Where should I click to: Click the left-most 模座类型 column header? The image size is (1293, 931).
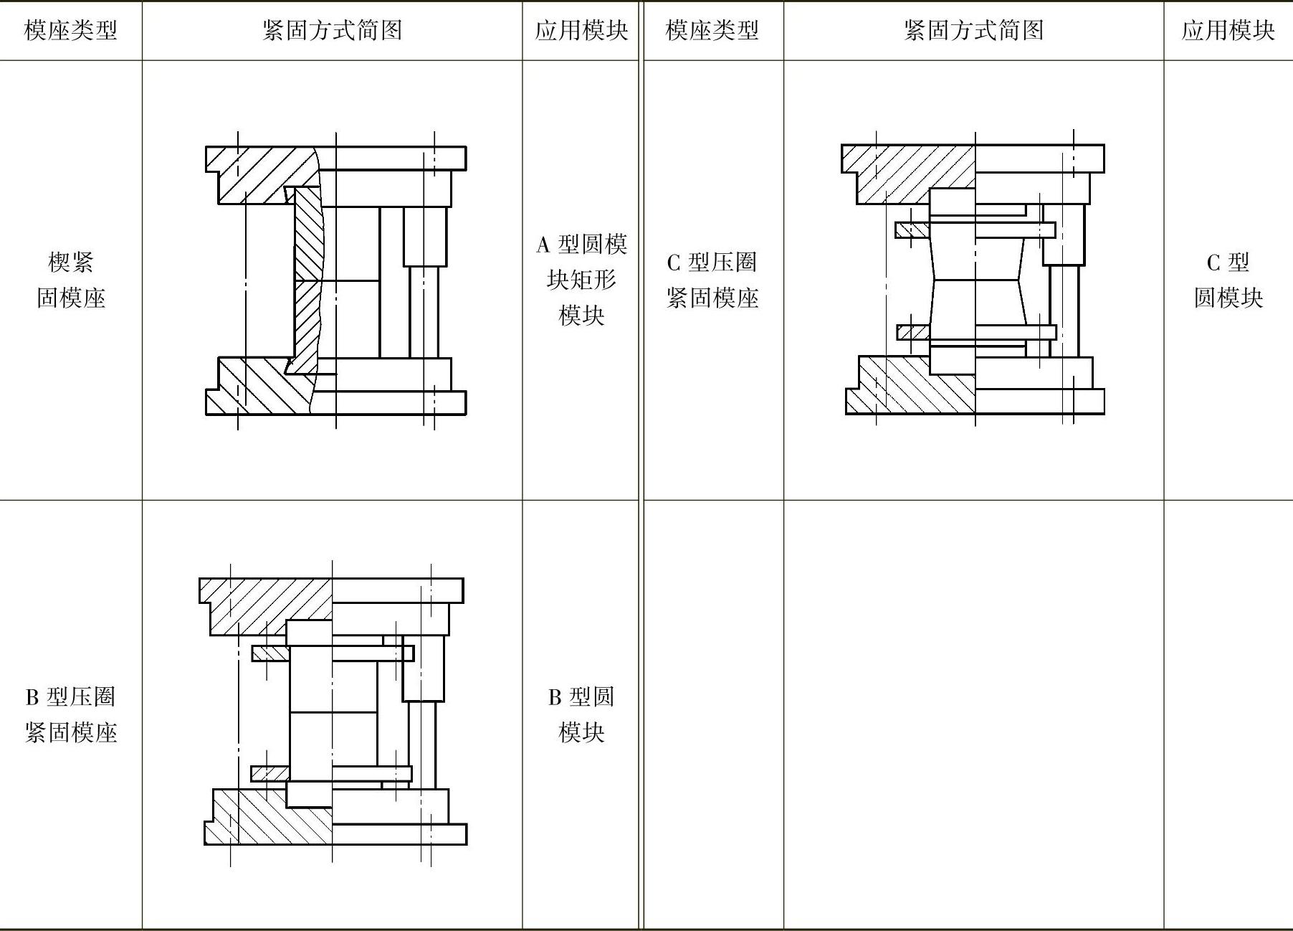(x=70, y=30)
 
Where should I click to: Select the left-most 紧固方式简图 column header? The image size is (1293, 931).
(x=332, y=30)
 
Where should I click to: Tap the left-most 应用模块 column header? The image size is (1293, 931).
(x=581, y=30)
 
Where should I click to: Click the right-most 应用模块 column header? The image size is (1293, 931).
(x=1228, y=30)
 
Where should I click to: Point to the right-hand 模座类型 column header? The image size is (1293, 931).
(x=712, y=30)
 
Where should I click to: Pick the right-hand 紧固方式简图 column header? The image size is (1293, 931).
(x=973, y=30)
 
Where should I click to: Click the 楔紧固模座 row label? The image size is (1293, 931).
(x=70, y=280)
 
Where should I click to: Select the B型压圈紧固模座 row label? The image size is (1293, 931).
(x=70, y=714)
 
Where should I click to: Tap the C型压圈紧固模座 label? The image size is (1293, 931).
(x=712, y=280)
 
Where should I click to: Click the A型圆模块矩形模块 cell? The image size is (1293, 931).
(x=581, y=280)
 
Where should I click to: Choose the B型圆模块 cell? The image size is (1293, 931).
(x=581, y=714)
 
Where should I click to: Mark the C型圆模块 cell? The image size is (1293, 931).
(x=1228, y=280)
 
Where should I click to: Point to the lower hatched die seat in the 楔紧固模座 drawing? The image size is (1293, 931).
(x=258, y=387)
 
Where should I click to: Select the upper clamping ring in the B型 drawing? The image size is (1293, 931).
(x=333, y=653)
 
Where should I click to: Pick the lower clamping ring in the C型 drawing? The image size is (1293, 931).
(x=976, y=332)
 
